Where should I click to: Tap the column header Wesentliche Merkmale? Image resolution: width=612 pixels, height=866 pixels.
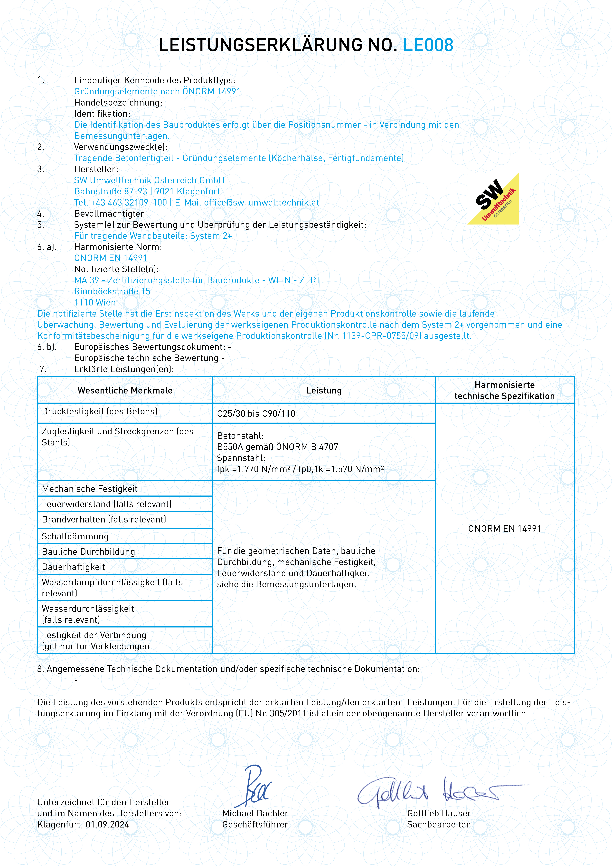125,390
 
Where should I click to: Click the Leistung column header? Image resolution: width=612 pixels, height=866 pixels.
324,390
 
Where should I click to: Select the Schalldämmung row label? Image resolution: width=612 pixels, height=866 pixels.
75,536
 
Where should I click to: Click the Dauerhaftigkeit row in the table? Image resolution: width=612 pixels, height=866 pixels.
74,567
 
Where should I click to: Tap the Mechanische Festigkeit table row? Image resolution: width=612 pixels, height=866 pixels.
90,489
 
